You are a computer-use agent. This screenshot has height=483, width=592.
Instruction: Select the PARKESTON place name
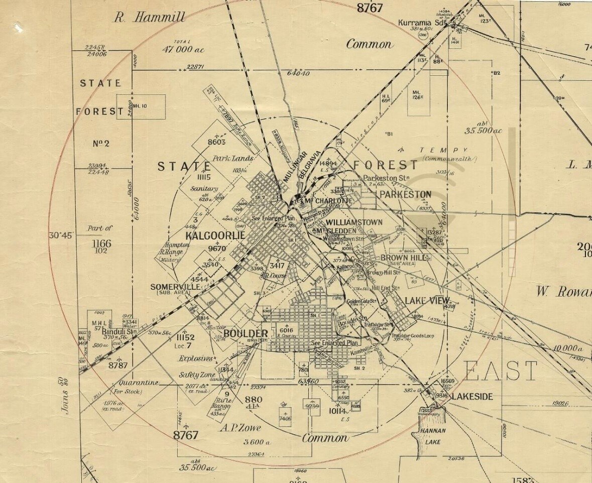[x=405, y=194]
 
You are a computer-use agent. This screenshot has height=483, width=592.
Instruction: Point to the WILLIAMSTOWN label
[x=354, y=222]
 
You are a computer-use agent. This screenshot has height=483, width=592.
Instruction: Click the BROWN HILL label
[x=404, y=258]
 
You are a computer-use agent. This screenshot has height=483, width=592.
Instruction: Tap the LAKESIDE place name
[x=472, y=397]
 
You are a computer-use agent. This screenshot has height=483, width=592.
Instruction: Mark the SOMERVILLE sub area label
[x=176, y=287]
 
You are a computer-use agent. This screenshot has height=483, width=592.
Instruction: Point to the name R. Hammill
[x=149, y=18]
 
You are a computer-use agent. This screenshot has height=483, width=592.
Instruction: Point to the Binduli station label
[x=120, y=331]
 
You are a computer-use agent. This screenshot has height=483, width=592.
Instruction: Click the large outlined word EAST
[x=500, y=372]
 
